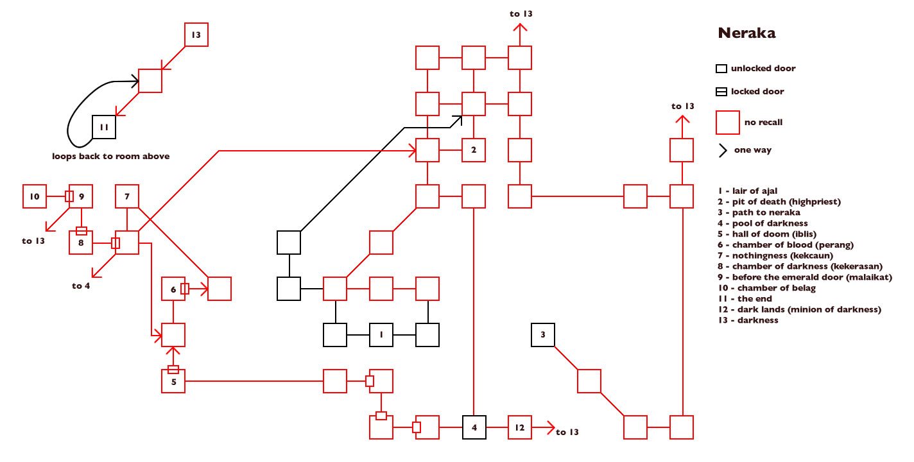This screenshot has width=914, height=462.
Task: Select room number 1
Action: click(381, 335)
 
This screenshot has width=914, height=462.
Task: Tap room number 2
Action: click(474, 150)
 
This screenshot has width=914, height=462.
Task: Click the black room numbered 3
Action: click(543, 335)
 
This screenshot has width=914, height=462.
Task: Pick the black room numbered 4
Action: click(474, 427)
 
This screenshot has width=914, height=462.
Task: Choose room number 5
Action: click(173, 381)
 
